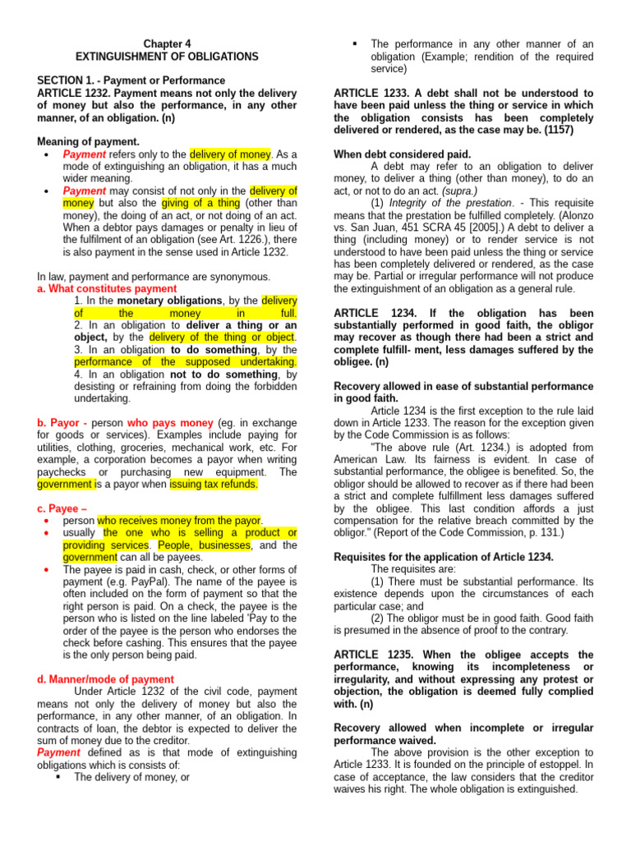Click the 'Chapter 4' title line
click(x=167, y=43)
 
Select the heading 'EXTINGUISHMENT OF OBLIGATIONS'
click(x=167, y=57)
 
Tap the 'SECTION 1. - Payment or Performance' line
click(x=131, y=80)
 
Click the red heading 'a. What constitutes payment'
click(x=107, y=289)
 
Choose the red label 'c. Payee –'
click(x=63, y=508)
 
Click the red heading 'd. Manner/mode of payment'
click(x=106, y=679)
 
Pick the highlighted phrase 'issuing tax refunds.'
click(x=214, y=484)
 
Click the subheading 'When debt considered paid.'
click(x=403, y=154)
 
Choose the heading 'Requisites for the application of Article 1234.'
click(x=444, y=556)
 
